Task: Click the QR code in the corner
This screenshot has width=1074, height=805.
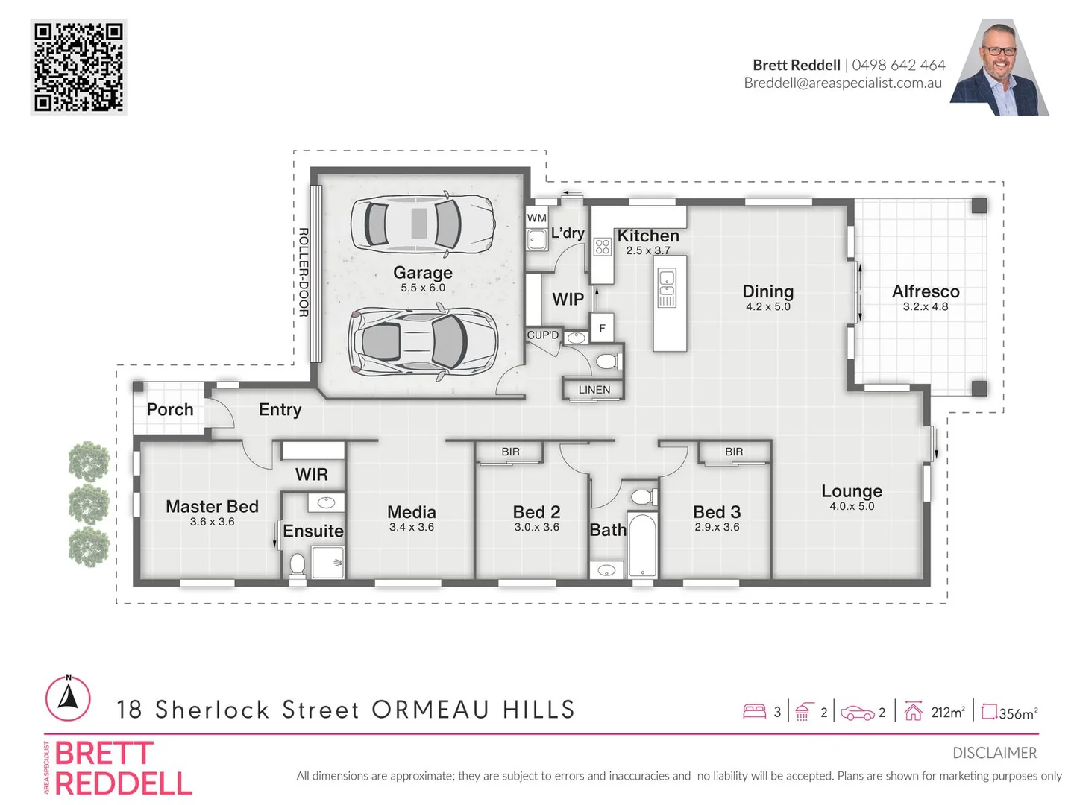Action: point(78,67)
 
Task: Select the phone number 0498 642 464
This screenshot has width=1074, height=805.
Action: point(898,65)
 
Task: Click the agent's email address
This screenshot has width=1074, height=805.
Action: point(843,83)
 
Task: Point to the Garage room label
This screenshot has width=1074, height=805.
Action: point(423,273)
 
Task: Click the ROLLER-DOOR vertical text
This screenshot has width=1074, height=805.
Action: point(304,272)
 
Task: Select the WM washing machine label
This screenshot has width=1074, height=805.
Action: point(536,218)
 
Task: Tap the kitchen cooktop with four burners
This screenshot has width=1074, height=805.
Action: point(603,247)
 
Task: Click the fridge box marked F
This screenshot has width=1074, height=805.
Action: point(602,328)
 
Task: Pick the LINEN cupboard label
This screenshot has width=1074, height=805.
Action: point(594,390)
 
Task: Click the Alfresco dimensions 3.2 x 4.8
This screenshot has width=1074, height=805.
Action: point(925,306)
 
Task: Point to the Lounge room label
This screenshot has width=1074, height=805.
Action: point(852,491)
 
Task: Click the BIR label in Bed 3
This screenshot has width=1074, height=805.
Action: point(734,452)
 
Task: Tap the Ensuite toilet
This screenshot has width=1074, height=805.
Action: point(298,564)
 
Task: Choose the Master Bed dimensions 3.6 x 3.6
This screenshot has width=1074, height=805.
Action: point(212,522)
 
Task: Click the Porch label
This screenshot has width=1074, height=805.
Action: point(170,409)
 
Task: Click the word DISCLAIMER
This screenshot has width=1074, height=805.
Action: point(994,753)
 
